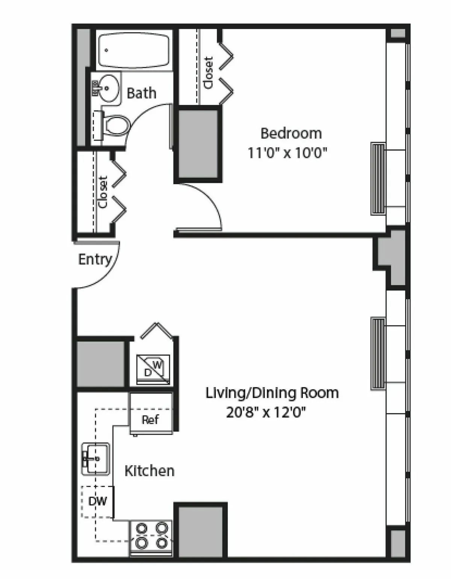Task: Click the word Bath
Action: point(141,93)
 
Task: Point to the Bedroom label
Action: point(291,133)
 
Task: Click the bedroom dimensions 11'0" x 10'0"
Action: point(287,153)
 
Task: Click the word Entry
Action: point(95,259)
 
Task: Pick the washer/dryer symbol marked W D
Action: point(153,369)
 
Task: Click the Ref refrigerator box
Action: point(150,419)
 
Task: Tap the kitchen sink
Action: point(96,459)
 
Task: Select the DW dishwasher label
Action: point(97,501)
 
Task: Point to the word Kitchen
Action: point(149,471)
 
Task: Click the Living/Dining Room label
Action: point(272,393)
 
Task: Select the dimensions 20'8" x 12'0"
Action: point(266,413)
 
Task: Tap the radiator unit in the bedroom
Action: point(378,179)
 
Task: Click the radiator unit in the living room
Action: point(378,353)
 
